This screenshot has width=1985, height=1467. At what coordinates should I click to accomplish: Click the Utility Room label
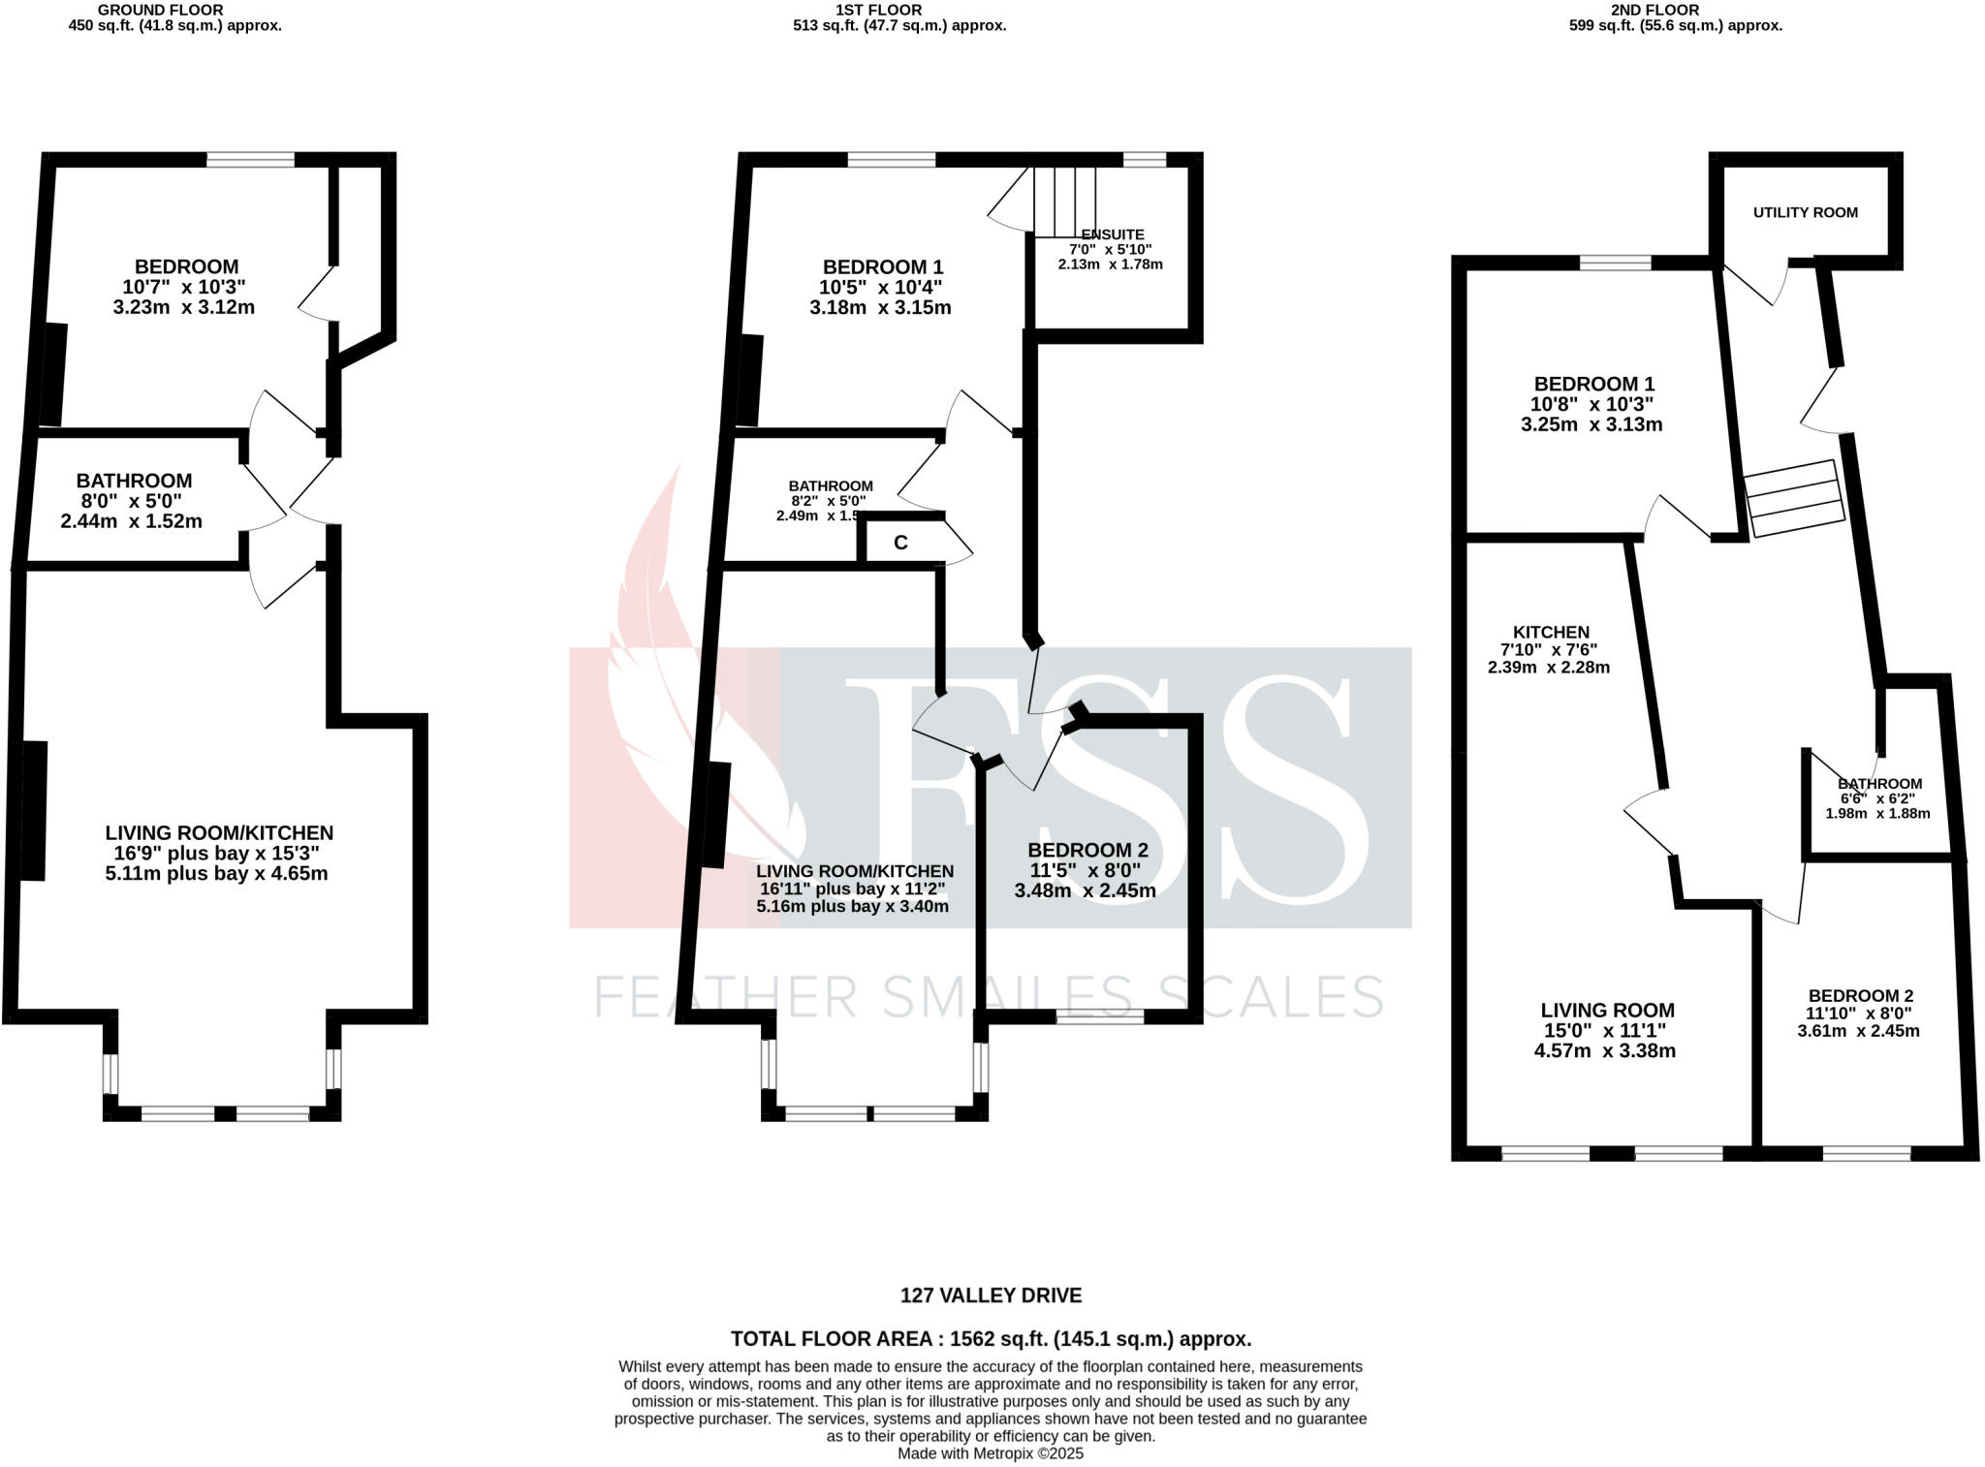pos(1805,212)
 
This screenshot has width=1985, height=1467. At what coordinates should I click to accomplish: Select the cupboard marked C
pos(900,543)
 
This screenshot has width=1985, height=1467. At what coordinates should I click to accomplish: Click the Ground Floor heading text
pos(174,10)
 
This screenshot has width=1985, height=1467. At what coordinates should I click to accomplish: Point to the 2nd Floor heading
pos(1675,10)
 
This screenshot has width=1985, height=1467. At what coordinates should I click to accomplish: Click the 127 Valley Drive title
pos(991,1295)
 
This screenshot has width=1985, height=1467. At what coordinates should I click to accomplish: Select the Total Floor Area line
pos(991,1339)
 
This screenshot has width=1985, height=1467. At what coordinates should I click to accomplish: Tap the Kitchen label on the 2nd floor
pos(1551,632)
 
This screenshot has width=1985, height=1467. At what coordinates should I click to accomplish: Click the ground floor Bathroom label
pos(134,481)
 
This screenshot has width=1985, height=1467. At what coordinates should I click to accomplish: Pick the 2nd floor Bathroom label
pos(1879,784)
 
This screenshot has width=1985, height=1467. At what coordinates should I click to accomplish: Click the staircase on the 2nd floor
pos(1794,498)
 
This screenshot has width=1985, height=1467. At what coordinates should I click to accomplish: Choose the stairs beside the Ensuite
pos(1064,201)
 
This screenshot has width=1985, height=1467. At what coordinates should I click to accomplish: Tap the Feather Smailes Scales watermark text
pos(989,996)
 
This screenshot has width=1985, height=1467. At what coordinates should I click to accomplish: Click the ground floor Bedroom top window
pos(250,160)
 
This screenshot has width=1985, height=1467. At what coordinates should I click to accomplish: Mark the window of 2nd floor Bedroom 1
pos(1615,263)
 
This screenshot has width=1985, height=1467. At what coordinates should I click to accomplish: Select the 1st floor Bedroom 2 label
pos(1087,850)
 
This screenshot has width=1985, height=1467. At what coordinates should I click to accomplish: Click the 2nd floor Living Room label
pos(1607,1010)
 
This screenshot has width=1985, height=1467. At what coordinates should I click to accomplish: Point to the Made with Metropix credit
pos(991,1453)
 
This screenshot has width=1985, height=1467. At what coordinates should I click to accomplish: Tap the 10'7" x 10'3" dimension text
pos(183,287)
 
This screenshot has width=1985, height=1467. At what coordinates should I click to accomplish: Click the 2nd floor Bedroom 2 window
pos(1866,1153)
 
